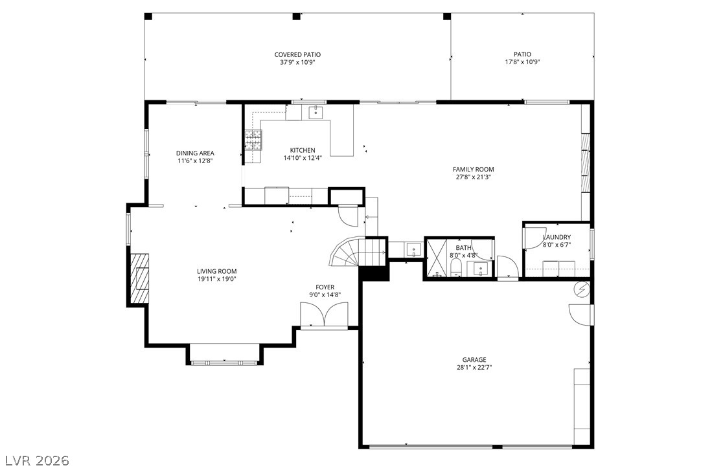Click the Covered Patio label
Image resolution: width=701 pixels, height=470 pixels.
[297, 54]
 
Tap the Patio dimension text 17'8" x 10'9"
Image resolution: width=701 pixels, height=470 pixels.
[522, 62]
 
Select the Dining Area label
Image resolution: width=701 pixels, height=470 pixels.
[195, 153]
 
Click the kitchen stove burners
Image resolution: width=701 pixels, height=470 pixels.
[253, 140]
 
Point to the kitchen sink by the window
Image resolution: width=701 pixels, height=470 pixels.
[316, 112]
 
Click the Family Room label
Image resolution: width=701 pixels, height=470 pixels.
[474, 170]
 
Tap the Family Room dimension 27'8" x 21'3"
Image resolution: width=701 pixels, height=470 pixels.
[474, 177]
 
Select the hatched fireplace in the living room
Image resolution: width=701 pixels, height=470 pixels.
[139, 279]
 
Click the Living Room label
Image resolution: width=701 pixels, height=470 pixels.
[217, 271]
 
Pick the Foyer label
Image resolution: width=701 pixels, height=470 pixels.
[325, 287]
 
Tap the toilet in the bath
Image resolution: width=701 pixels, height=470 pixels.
[456, 268]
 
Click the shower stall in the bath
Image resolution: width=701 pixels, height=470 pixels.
[437, 259]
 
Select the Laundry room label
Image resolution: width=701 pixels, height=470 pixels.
[557, 237]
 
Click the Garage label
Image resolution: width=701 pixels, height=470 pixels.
[474, 360]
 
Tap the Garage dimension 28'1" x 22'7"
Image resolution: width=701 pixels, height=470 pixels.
[474, 367]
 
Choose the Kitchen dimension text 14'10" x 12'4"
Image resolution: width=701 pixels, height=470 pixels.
[303, 158]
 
